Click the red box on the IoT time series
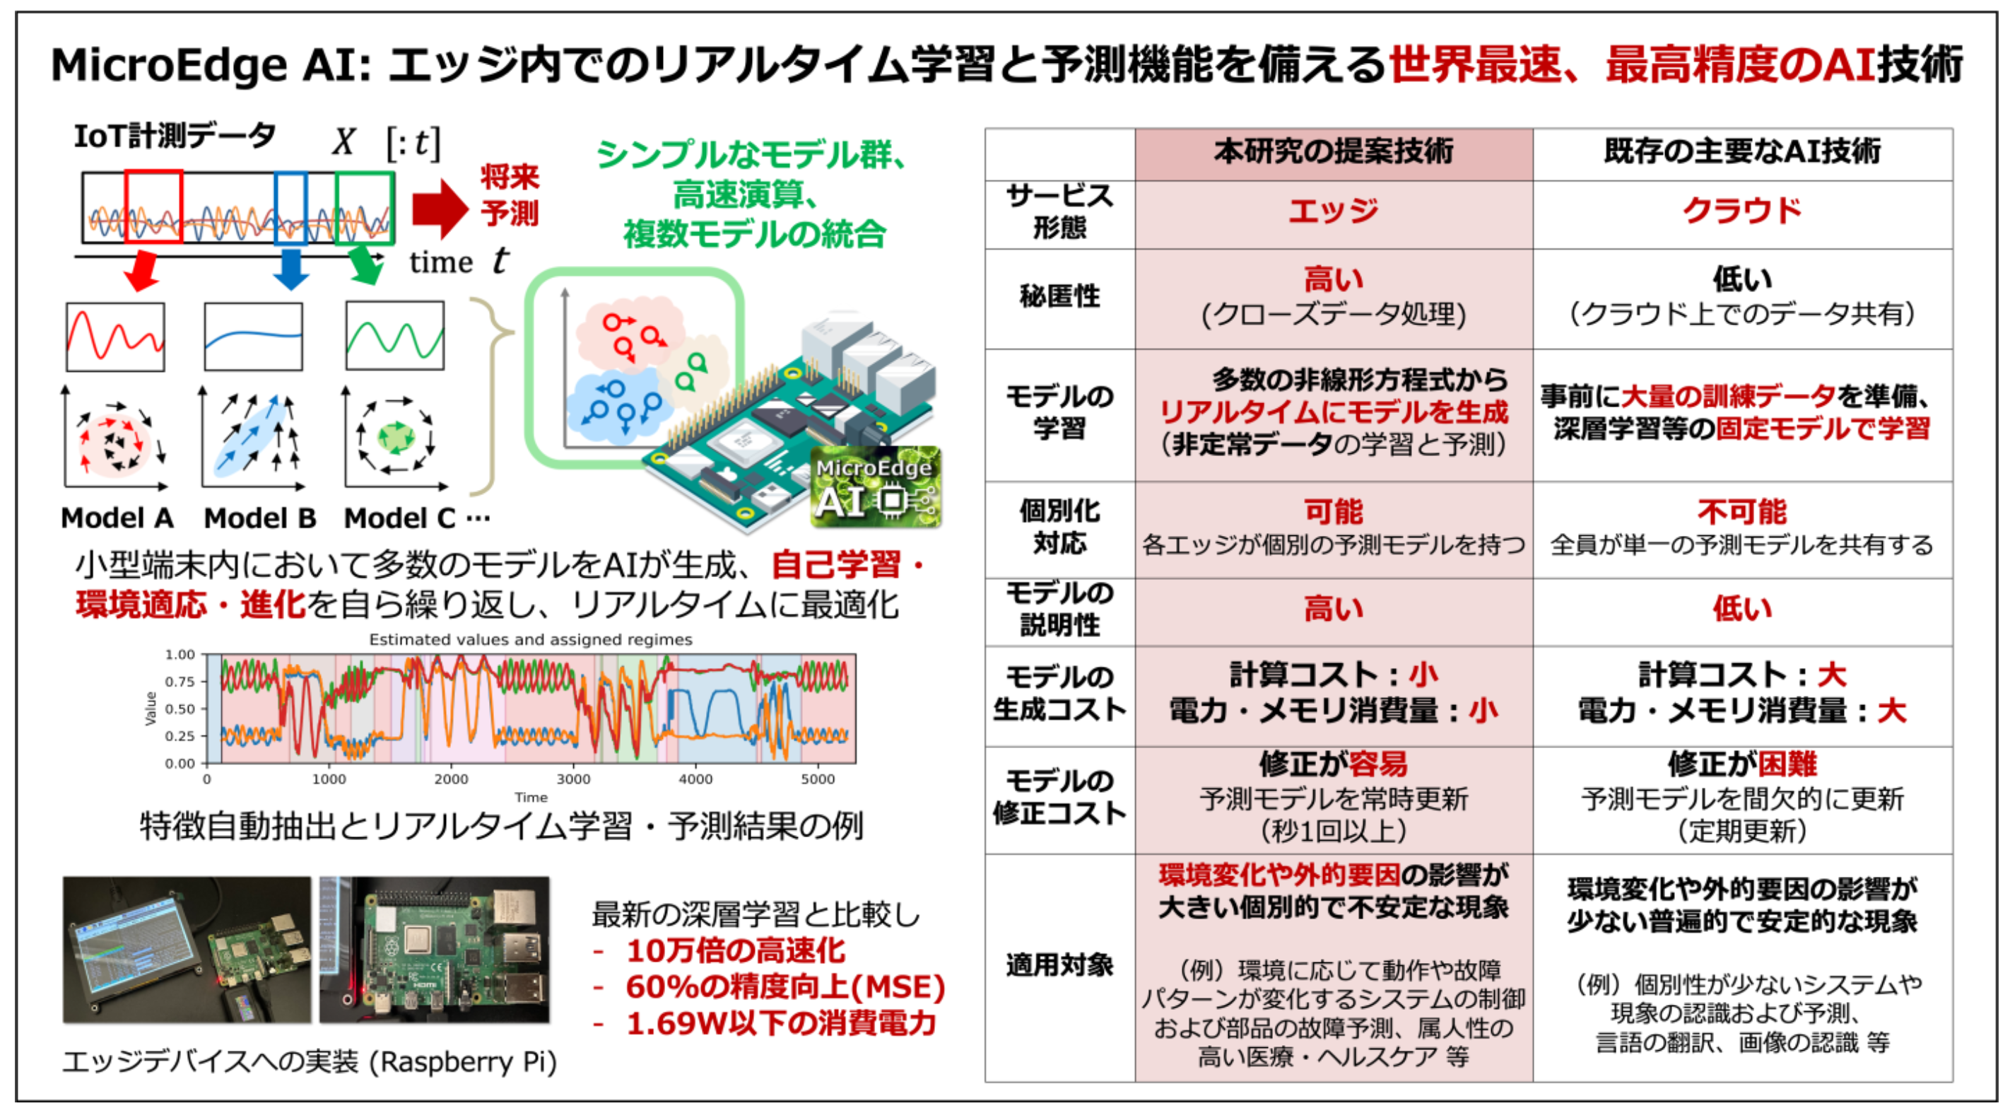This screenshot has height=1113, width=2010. pos(153,207)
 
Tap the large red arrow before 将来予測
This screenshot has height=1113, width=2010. pos(440,209)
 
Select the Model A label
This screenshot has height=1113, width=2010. pos(117,518)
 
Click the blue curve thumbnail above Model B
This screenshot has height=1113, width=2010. pos(253,337)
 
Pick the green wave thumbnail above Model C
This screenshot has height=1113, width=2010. pos(395,336)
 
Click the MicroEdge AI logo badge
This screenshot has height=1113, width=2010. pos(876,487)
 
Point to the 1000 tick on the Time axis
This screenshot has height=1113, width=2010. pos(329,779)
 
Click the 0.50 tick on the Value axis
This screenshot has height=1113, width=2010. pos(180,709)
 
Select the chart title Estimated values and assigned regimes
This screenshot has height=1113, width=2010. pos(531,639)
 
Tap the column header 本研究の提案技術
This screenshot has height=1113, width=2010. pos(1333,152)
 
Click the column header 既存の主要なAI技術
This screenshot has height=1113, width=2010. pos(1741,152)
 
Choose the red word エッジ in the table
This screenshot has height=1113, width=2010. pos(1333,211)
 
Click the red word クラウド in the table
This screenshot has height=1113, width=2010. pos(1741,211)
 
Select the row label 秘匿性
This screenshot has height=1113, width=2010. pos(1059,296)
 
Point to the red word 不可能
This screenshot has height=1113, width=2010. pos(1741,512)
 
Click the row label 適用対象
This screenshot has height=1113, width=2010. pos(1059,965)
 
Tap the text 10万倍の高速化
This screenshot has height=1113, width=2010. pos(735,950)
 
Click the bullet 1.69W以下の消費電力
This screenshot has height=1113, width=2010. pos(780,1023)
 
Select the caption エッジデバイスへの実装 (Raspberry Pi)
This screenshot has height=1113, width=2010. pos(310,1061)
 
